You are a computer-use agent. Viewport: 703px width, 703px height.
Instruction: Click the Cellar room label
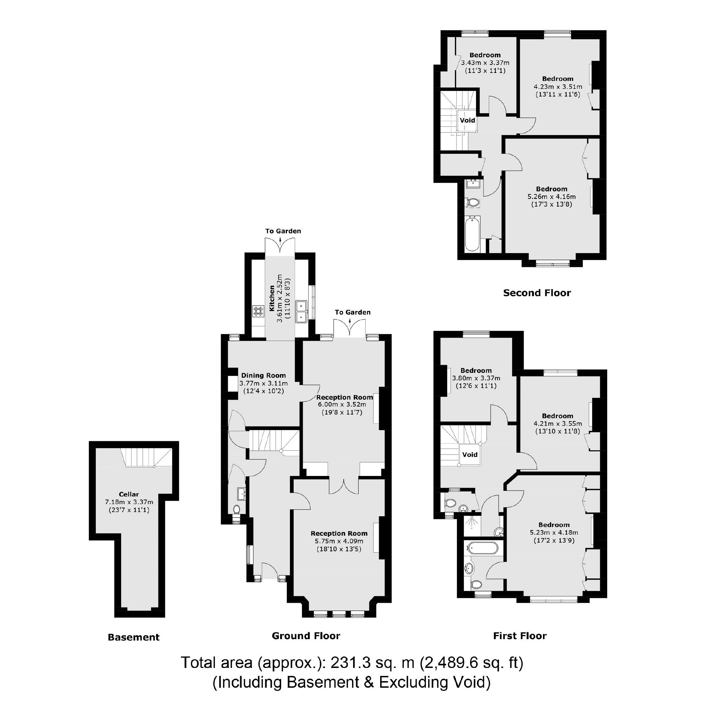point(129,494)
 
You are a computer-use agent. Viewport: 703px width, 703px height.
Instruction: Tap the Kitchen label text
point(272,298)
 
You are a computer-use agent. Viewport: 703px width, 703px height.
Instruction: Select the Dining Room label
point(263,375)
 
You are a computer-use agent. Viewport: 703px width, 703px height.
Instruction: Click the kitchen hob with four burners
point(258,311)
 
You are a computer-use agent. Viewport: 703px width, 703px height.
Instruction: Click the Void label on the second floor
point(467,120)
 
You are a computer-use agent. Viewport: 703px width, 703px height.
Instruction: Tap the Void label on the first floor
point(470,454)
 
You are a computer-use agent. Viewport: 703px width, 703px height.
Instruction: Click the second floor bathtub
point(472,233)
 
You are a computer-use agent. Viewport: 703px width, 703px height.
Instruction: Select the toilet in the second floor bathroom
point(473,202)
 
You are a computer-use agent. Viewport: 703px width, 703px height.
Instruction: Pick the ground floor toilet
point(236,509)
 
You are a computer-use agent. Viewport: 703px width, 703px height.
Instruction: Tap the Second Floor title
point(537,293)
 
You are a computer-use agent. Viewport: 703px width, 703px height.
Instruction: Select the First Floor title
point(520,636)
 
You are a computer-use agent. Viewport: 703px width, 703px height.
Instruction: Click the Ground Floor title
point(306,636)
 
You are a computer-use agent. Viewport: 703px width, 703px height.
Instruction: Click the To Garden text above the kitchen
point(283,231)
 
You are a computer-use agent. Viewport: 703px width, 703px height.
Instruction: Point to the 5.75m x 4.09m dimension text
point(339,541)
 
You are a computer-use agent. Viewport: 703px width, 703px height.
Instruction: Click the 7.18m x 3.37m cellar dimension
point(129,502)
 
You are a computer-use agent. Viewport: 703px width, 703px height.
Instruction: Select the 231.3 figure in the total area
point(350,663)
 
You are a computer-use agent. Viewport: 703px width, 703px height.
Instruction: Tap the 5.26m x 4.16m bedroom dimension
point(552,196)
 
